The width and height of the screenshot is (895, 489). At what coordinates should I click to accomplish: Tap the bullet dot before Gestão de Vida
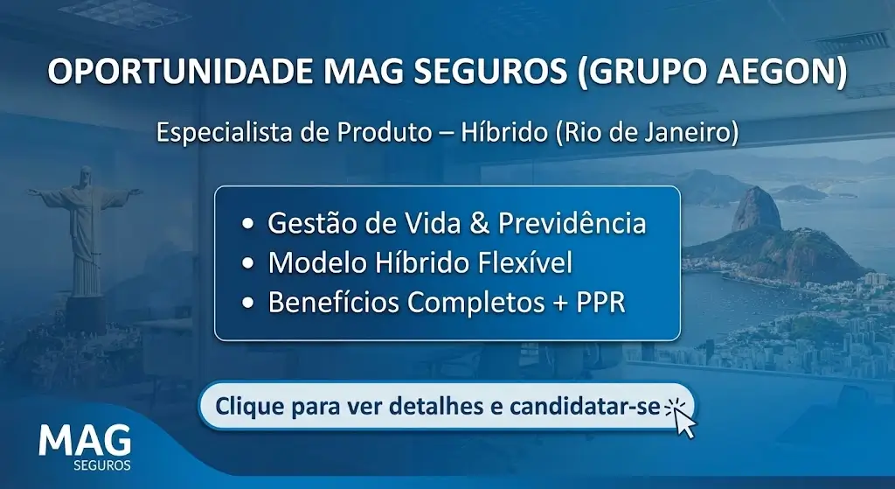pyautogui.click(x=249, y=225)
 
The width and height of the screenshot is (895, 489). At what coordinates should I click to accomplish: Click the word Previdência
pyautogui.click(x=572, y=223)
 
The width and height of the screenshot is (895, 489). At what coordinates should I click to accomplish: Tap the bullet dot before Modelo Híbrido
pyautogui.click(x=249, y=264)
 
